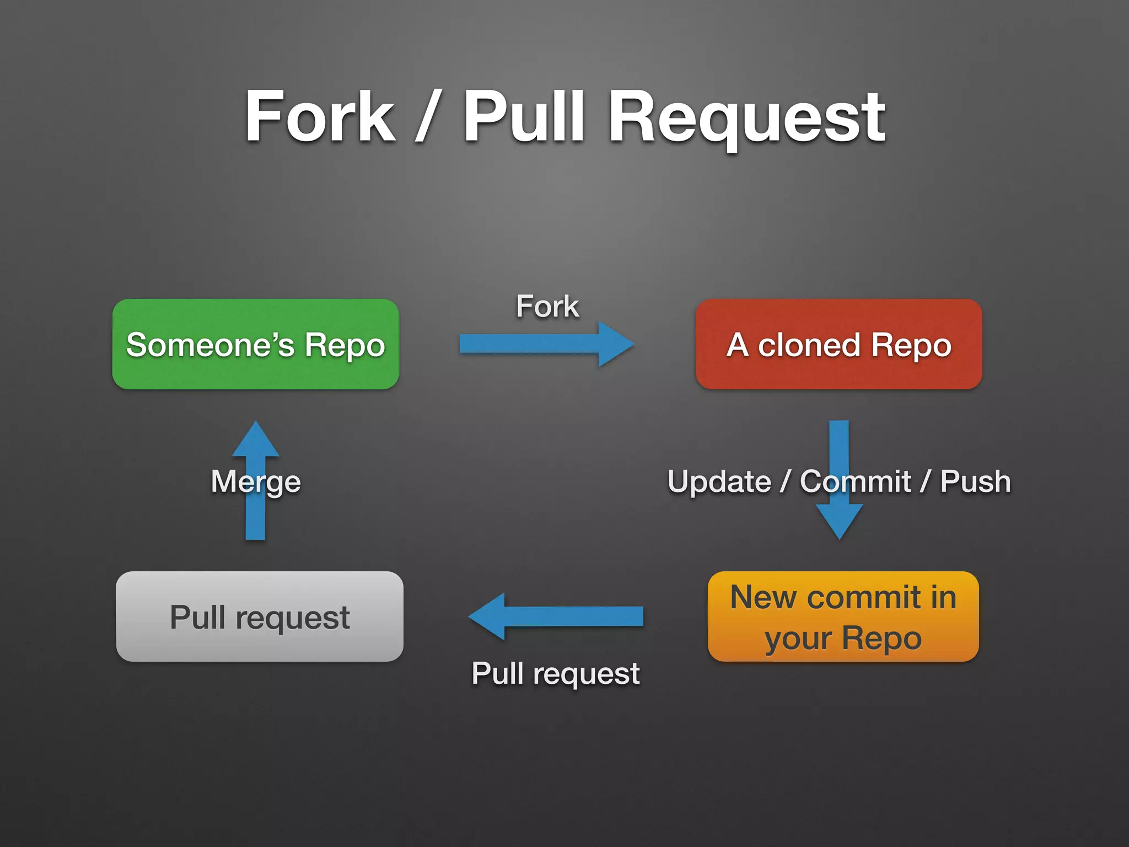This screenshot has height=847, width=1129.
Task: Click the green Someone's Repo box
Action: (x=255, y=344)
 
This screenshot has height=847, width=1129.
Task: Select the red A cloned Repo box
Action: (x=838, y=344)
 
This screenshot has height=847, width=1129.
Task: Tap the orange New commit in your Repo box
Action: (x=843, y=617)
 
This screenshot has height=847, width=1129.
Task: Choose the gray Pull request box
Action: (x=260, y=617)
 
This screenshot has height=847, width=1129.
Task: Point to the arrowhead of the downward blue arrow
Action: (x=839, y=521)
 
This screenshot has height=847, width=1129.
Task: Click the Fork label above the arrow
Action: (x=547, y=307)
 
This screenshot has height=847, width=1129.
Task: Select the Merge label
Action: (x=255, y=481)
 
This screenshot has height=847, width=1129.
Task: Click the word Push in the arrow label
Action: (x=975, y=481)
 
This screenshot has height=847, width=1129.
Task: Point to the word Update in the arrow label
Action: (x=719, y=481)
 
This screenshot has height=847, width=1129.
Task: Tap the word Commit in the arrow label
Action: (x=855, y=481)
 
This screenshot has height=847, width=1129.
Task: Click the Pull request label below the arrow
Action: (x=555, y=673)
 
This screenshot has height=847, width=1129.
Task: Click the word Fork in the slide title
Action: (x=320, y=117)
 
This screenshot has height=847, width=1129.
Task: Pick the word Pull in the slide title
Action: (x=524, y=117)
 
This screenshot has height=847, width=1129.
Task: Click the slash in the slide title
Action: (x=427, y=117)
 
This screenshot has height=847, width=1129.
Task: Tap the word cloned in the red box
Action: (x=808, y=345)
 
